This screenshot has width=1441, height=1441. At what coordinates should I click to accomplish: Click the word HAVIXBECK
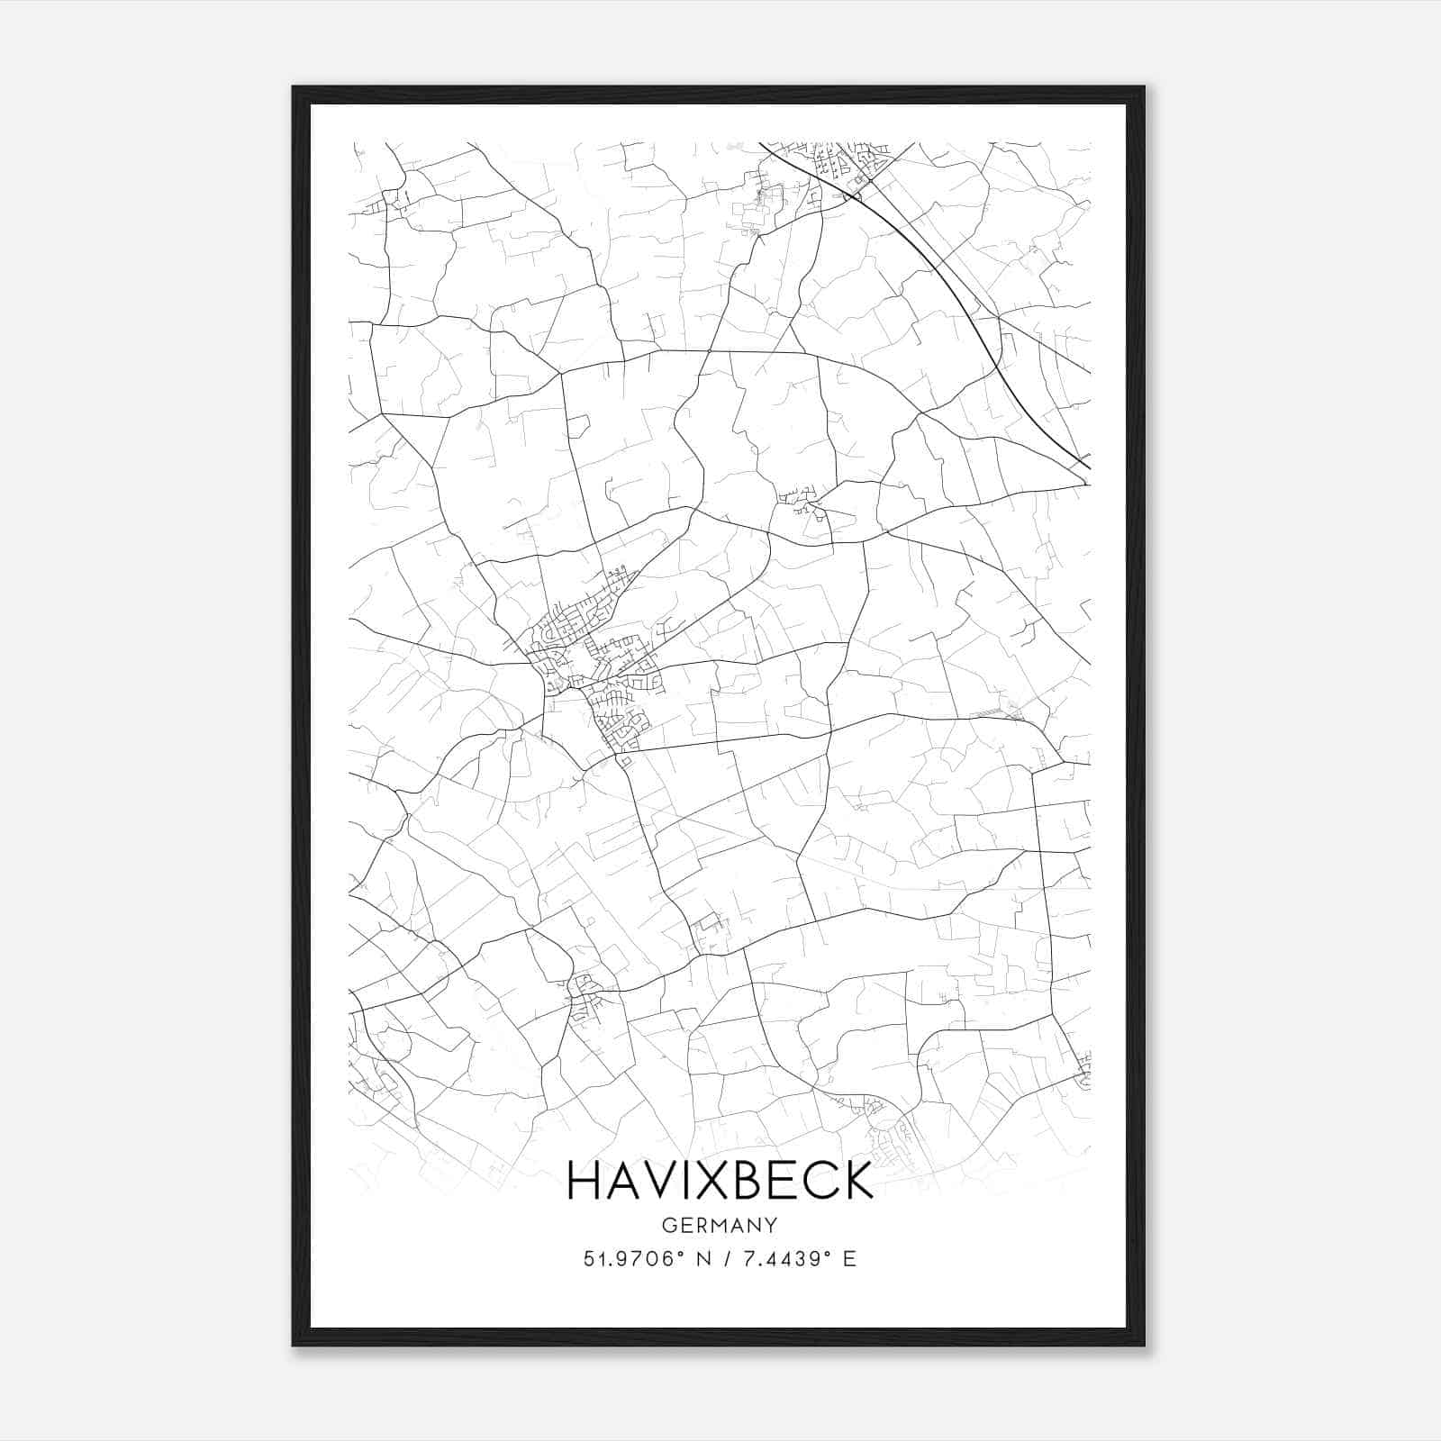720,1181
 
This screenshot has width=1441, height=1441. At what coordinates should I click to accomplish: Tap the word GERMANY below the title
720,1225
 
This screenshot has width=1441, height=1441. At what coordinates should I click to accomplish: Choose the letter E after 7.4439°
849,1259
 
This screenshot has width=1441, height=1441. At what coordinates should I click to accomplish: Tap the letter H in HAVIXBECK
584,1181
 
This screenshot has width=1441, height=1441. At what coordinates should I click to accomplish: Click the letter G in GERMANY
668,1225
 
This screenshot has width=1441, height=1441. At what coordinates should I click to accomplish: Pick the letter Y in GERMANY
771,1225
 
